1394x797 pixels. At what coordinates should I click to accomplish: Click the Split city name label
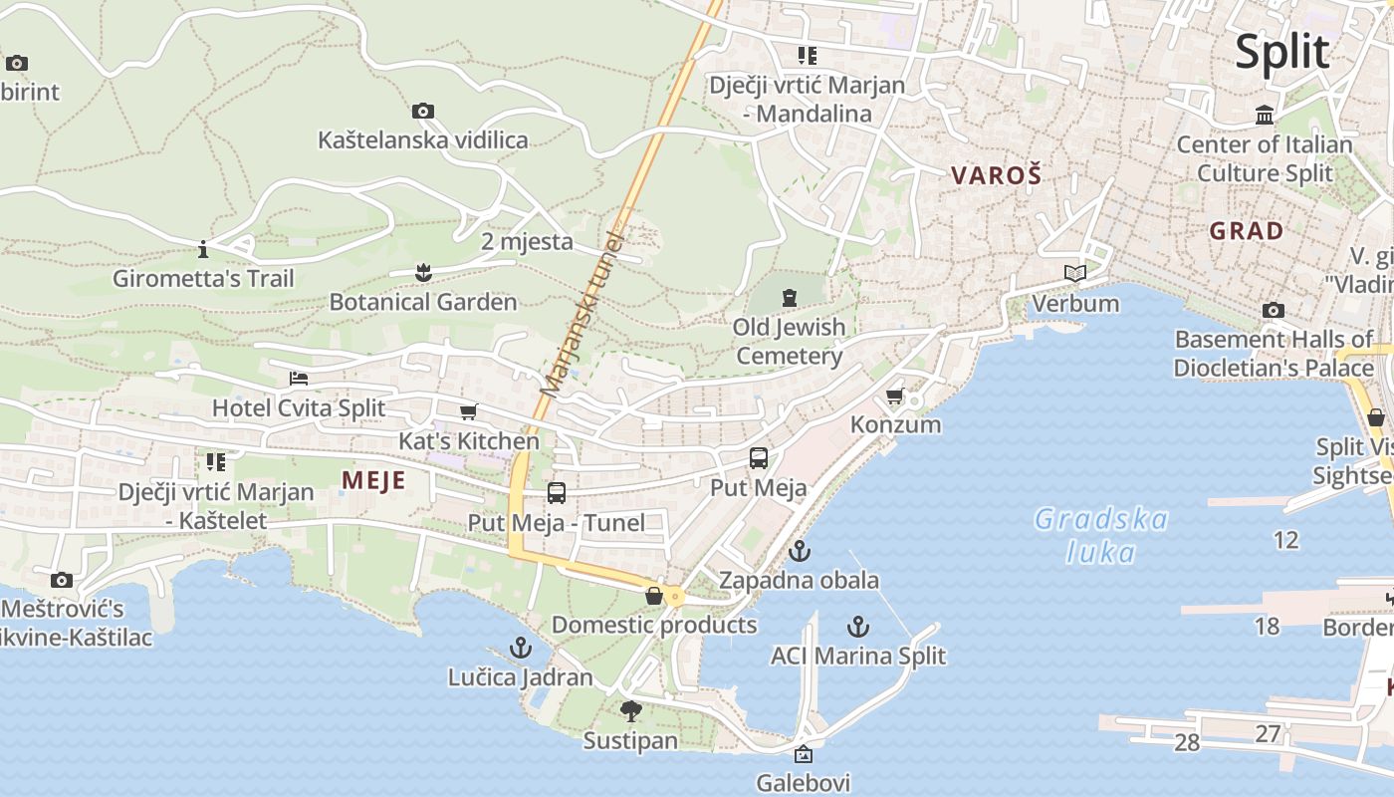pyautogui.click(x=1281, y=52)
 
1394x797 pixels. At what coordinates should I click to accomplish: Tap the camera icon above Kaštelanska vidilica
pyautogui.click(x=423, y=111)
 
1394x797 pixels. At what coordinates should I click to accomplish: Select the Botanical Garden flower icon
pyautogui.click(x=423, y=272)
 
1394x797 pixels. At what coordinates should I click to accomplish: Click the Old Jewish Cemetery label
pyautogui.click(x=789, y=341)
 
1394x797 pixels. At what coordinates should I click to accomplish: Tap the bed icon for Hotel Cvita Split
pyautogui.click(x=298, y=379)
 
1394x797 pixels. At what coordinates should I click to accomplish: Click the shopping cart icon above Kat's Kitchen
pyautogui.click(x=469, y=411)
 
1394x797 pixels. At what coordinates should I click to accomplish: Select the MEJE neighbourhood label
pyautogui.click(x=373, y=480)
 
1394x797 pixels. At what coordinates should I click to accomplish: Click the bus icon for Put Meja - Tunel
pyautogui.click(x=557, y=492)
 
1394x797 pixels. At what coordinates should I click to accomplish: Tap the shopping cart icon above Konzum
pyautogui.click(x=895, y=396)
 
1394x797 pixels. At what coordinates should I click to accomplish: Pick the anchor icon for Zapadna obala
pyautogui.click(x=799, y=550)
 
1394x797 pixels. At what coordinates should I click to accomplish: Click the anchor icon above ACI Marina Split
pyautogui.click(x=857, y=627)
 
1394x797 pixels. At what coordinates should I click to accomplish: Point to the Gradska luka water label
pyautogui.click(x=1100, y=535)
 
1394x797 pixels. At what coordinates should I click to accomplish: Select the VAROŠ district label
pyautogui.click(x=996, y=176)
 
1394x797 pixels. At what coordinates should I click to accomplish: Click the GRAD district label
pyautogui.click(x=1246, y=231)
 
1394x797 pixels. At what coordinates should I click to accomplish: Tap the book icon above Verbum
pyautogui.click(x=1074, y=273)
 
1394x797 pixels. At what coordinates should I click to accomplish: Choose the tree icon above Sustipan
pyautogui.click(x=630, y=711)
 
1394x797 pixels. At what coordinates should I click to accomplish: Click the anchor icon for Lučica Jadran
pyautogui.click(x=520, y=648)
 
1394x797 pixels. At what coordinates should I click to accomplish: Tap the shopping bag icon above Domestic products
pyautogui.click(x=654, y=596)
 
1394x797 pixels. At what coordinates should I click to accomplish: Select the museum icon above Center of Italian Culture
pyautogui.click(x=1265, y=115)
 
